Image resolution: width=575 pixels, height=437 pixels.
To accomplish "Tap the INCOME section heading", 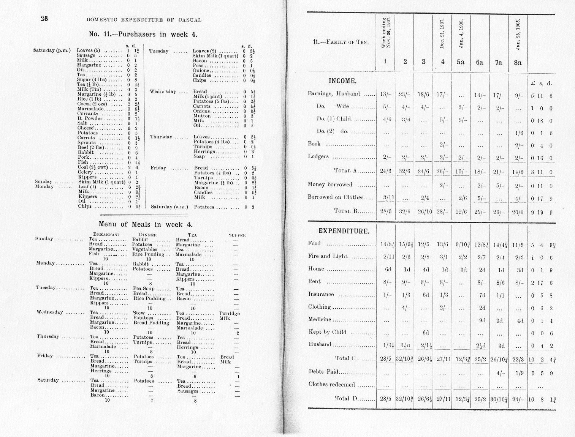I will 342,81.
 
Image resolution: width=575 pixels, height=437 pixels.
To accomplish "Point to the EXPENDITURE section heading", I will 344,231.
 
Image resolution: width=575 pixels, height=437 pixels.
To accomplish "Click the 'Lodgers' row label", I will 318,156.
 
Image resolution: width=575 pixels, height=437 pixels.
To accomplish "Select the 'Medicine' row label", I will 320,319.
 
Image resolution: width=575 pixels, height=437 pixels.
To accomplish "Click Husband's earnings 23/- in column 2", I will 405,94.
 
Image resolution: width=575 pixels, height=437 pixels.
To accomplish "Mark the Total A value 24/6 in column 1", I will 386,171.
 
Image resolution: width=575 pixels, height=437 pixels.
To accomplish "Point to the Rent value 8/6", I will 499,282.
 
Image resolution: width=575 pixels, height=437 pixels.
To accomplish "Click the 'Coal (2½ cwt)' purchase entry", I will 93,167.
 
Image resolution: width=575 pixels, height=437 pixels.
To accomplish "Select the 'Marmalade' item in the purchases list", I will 88,109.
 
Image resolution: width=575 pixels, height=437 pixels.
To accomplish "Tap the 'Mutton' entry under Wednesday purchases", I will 202,116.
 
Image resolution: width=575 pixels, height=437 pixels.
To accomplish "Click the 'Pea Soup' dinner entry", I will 143,289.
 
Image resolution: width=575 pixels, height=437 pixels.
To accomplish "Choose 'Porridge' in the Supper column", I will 230,313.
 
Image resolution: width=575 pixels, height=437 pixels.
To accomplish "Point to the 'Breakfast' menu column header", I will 104,235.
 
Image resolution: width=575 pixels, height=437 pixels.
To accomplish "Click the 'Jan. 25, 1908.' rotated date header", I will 518,34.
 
